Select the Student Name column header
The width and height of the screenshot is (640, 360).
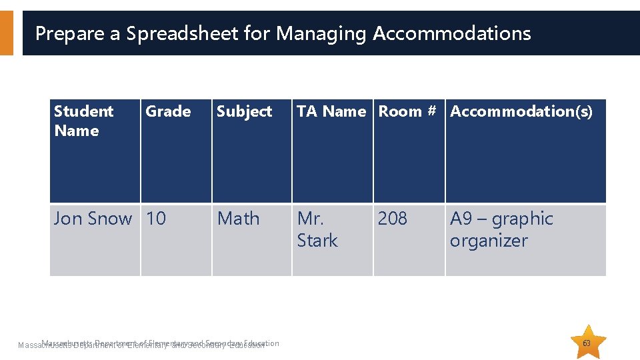pos(83,121)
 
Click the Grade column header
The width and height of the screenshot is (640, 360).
pos(168,111)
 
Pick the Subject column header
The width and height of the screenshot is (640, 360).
pos(244,111)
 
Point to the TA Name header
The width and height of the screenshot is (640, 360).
pos(331,111)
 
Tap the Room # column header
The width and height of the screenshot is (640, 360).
pos(407,111)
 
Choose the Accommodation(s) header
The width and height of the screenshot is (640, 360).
pos(521,111)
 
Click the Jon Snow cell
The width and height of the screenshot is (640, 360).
pos(93,219)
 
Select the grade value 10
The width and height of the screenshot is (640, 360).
pos(156,219)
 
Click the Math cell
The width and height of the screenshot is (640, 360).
pos(238,219)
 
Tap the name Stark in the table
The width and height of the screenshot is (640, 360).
pos(317,241)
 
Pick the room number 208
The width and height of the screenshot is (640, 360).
pos(392,219)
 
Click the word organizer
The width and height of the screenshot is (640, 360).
pos(489,241)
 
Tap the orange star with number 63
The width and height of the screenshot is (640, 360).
pos(587,342)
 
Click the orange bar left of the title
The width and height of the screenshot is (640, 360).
pos(6,33)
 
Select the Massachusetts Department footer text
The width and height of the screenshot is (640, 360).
pos(147,344)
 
